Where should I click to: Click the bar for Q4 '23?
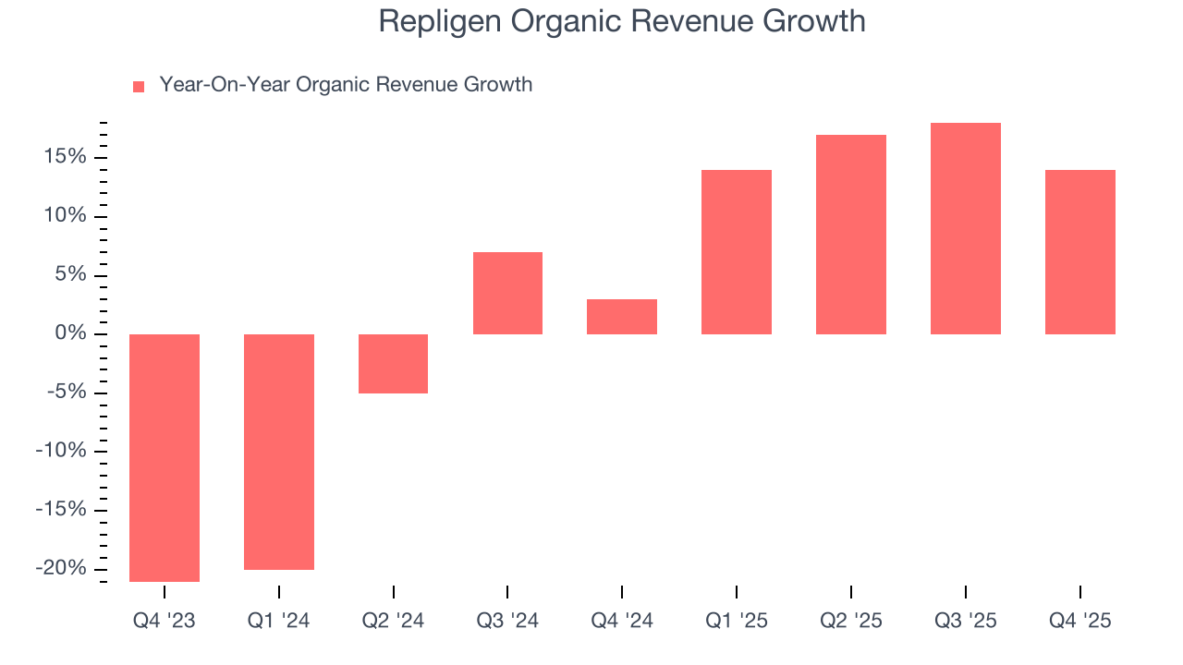[x=164, y=457]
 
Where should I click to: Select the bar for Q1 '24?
[x=278, y=452]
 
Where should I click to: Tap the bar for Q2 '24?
[x=393, y=363]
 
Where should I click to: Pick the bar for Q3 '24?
[x=507, y=293]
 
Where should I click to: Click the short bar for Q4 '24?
[x=622, y=316]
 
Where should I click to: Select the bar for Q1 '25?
[x=737, y=251]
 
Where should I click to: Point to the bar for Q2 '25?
[x=851, y=234]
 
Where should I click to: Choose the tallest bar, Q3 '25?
[x=966, y=228]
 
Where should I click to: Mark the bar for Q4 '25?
[x=1080, y=251]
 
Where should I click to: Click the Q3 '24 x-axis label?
[x=507, y=621]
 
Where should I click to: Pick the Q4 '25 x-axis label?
[x=1080, y=621]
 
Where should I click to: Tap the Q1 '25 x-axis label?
[x=737, y=621]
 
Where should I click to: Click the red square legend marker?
[x=139, y=86]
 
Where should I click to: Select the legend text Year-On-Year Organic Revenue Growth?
[x=346, y=85]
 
